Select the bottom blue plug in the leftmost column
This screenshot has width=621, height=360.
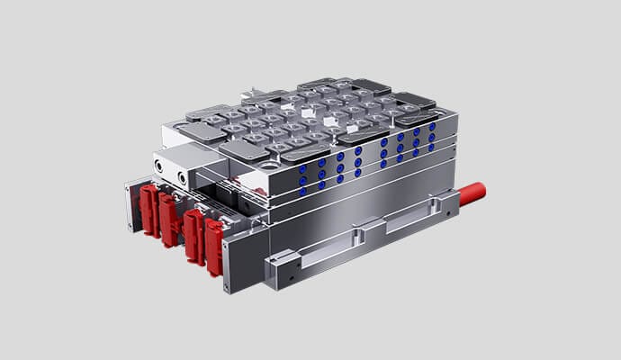point(301,190)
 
